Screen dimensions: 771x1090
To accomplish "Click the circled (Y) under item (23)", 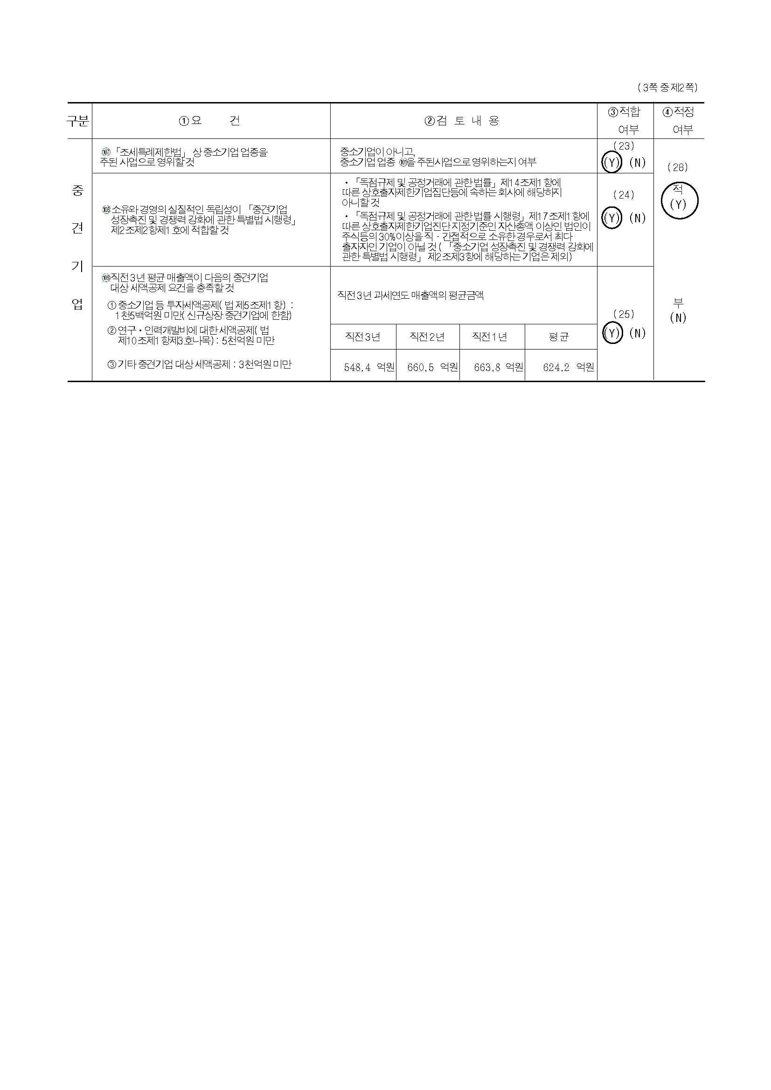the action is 612,162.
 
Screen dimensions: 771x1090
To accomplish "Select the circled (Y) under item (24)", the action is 612,218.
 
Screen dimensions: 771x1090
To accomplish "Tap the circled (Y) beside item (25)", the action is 612,333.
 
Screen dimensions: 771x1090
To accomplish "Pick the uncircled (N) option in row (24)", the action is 637,218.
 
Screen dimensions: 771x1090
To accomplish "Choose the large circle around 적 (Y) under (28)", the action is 679,200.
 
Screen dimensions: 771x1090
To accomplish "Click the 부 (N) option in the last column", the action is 678,310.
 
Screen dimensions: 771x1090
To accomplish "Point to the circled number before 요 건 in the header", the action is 184,121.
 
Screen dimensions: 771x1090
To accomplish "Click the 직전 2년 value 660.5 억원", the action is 432,367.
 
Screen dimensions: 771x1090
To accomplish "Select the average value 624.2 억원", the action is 568,367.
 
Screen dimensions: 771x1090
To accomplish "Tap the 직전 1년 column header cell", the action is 492,337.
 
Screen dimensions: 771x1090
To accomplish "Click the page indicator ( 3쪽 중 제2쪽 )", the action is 667,87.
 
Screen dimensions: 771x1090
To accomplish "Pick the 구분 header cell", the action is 78,121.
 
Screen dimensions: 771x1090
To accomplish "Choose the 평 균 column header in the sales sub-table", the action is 559,337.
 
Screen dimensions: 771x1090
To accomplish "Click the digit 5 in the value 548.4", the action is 347,367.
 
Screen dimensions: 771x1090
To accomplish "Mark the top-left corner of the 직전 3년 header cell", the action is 331,325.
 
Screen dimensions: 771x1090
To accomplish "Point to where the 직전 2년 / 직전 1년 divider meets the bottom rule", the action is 460,381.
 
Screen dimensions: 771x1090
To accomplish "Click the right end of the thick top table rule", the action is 704,103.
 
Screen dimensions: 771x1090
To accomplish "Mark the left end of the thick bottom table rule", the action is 68,381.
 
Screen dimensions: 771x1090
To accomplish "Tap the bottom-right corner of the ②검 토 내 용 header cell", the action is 597,138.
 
